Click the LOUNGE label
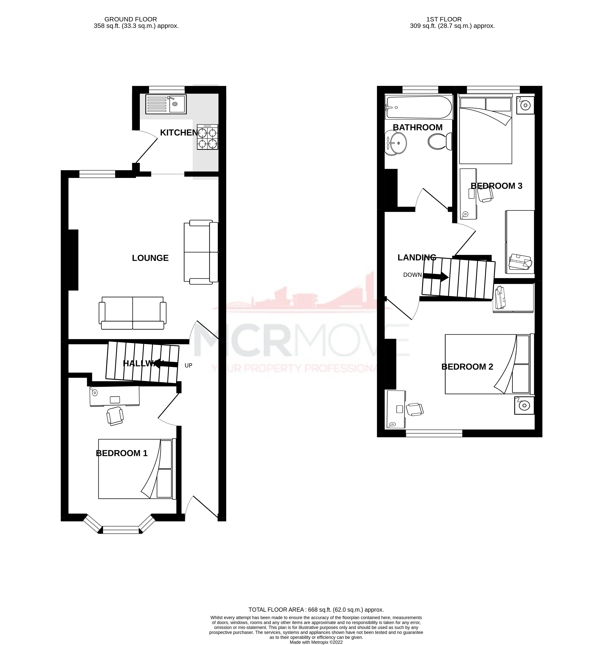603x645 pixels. [x=150, y=258]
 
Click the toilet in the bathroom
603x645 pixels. [x=440, y=142]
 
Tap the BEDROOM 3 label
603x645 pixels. [x=496, y=186]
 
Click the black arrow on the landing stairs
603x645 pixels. [x=436, y=277]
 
